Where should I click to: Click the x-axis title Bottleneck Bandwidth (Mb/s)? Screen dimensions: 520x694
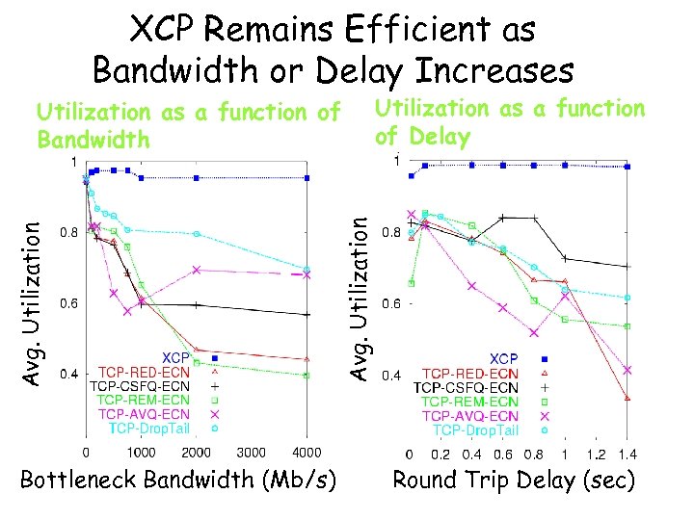178,479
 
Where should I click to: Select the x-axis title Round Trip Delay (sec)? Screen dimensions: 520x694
514,479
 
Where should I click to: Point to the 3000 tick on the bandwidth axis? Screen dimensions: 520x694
252,452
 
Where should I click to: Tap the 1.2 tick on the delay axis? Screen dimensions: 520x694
596,454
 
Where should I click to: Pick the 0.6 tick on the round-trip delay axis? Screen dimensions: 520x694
502,454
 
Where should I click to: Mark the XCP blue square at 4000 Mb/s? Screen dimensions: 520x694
307,178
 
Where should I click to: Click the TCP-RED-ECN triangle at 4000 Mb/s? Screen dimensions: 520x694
307,358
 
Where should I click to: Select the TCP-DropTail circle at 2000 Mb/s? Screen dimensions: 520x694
196,234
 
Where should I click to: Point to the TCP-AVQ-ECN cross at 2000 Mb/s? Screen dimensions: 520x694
196,270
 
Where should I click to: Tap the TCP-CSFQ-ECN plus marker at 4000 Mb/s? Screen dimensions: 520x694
307,315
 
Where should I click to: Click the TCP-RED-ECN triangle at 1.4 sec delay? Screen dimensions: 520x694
627,397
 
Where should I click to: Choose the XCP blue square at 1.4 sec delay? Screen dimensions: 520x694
627,167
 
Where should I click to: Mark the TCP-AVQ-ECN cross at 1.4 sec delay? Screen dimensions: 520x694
627,370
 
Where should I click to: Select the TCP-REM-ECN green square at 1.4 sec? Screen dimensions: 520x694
627,326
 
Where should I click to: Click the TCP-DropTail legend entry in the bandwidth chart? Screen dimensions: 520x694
149,428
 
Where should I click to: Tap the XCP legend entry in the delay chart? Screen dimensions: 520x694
504,359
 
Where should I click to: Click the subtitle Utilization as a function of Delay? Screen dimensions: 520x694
509,121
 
